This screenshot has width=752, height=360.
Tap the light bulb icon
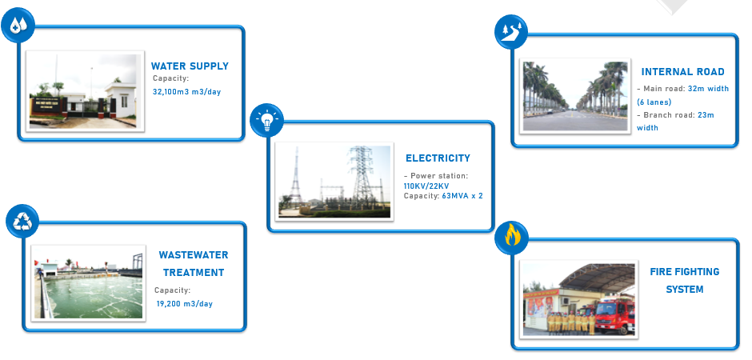coord(267,121)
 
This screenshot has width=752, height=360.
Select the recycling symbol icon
coord(22,221)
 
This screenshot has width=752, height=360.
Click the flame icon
coord(510,237)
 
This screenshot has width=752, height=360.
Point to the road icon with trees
coord(510,31)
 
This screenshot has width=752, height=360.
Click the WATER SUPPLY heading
coord(190,66)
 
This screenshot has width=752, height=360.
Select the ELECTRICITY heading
coord(438,158)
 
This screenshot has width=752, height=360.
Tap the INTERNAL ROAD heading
coord(682,72)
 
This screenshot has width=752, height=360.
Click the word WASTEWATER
coord(193,255)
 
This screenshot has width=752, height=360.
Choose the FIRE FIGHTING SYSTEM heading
coord(684,280)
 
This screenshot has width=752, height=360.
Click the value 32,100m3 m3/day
coord(186,92)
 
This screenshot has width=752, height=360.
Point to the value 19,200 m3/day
coord(185,303)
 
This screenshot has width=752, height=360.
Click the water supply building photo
coord(86,91)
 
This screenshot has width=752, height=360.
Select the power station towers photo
coord(334,182)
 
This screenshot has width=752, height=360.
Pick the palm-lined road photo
coord(574,96)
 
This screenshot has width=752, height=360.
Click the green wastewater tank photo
coord(88,282)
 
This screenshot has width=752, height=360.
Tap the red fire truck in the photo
coord(614,314)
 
